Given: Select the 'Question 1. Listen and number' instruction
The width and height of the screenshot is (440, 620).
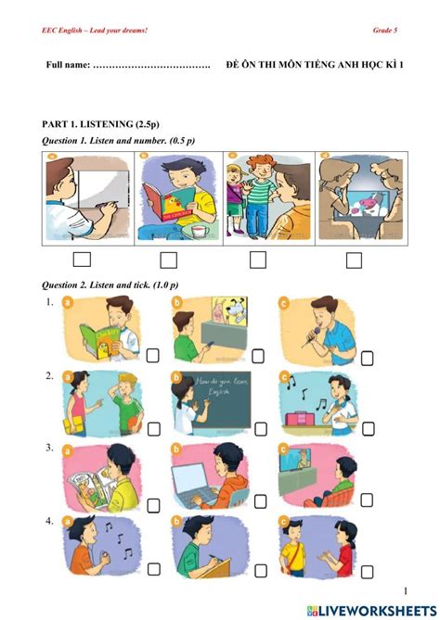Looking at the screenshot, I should pos(119,141).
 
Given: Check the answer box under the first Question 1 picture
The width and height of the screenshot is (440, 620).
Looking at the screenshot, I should pos(82,259).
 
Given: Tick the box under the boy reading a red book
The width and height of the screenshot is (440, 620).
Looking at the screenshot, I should pos(168,260).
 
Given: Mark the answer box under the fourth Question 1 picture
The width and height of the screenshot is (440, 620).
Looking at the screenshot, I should pos(353,260).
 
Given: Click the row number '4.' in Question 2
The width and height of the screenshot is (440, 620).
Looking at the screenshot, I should pos(47,521).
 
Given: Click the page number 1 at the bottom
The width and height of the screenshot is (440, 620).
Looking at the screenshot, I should pos(406,590).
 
